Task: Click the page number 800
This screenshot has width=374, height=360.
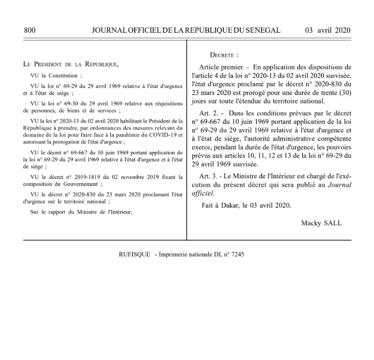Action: (31, 30)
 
